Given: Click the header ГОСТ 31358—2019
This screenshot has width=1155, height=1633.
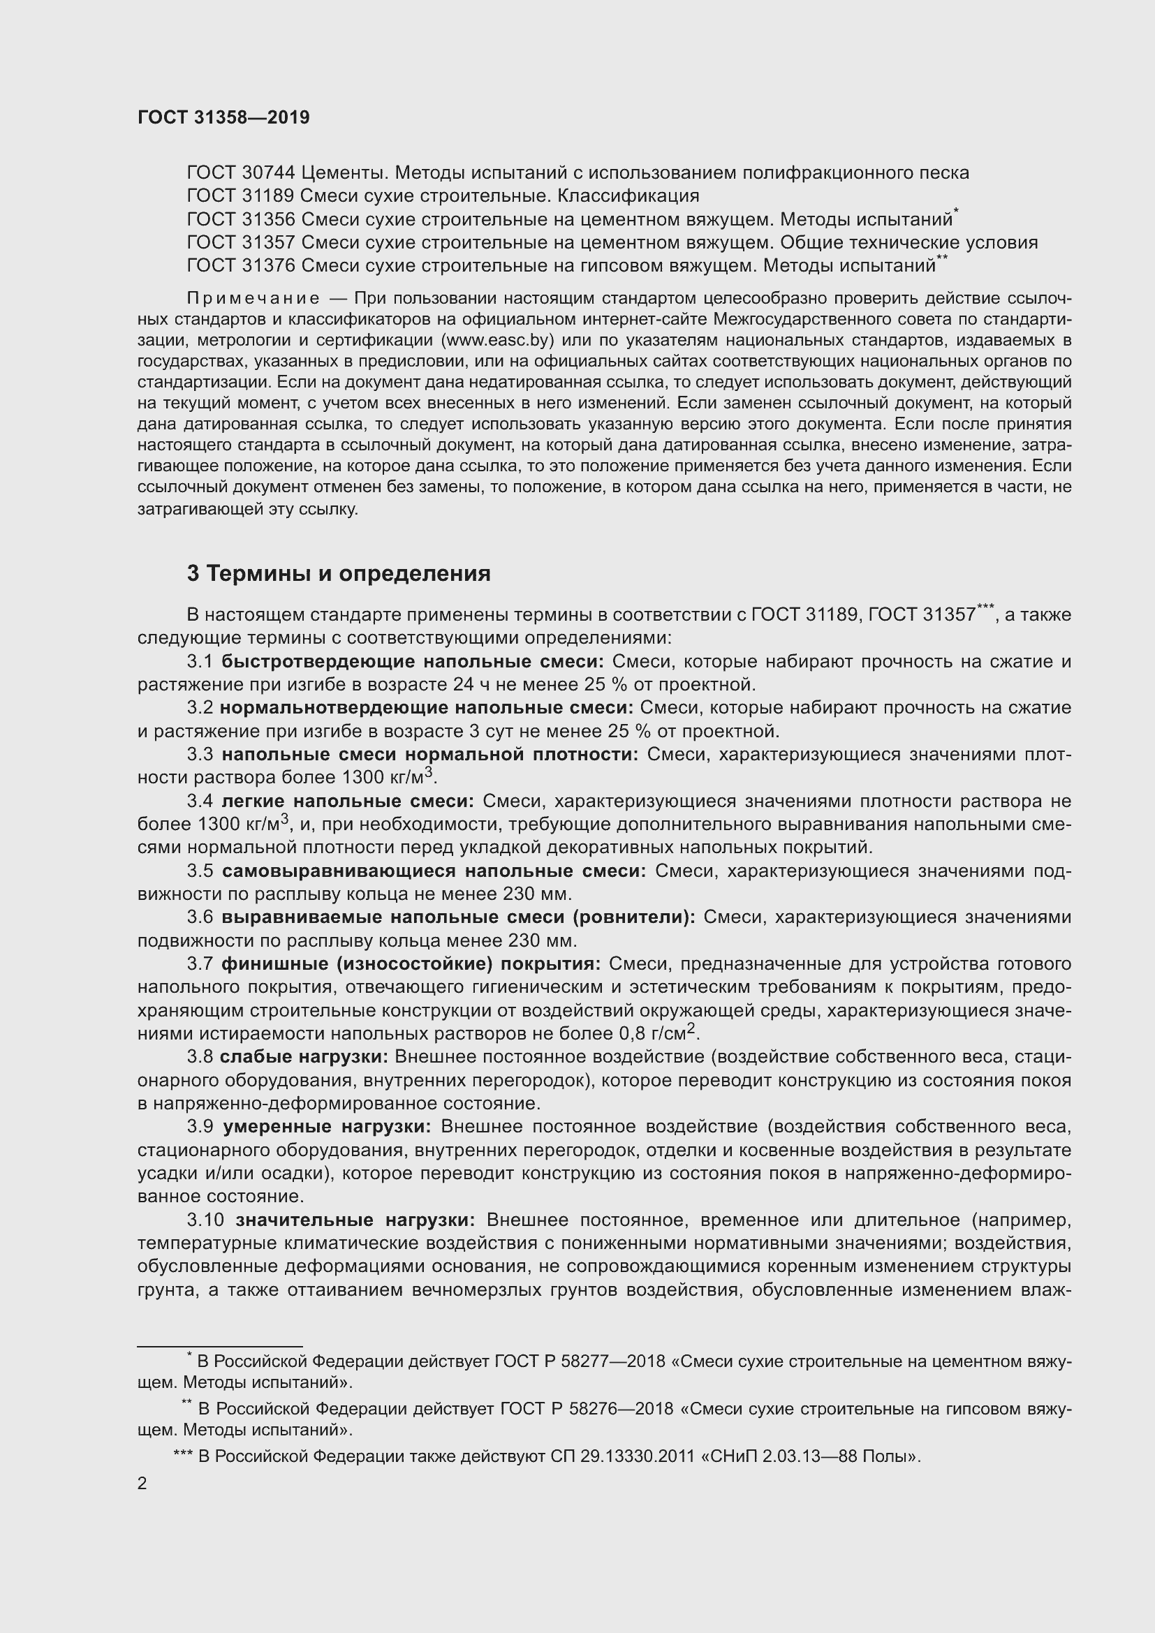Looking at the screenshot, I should click(x=223, y=117).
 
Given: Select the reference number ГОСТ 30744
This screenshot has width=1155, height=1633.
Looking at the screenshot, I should click(x=240, y=173).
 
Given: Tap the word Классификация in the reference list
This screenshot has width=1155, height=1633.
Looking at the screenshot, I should click(x=628, y=195).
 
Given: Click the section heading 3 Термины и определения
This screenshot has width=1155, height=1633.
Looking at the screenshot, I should click(x=339, y=573).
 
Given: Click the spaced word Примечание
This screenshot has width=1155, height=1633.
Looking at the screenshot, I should click(x=253, y=298).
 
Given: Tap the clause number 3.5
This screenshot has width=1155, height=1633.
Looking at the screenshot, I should click(x=200, y=871).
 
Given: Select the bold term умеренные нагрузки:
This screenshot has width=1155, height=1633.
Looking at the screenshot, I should click(x=327, y=1127).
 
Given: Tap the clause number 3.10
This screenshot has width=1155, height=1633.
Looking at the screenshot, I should click(x=205, y=1220).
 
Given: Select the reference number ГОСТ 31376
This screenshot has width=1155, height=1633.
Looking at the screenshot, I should click(x=240, y=266).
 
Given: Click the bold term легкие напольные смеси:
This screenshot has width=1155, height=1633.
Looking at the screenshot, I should click(x=347, y=801).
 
